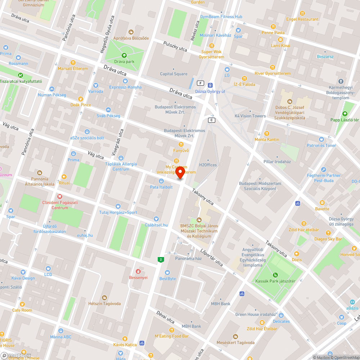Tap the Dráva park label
click(x=124, y=62)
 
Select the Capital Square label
click(x=174, y=74)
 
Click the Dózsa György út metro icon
click(x=210, y=85)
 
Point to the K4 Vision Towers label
click(x=250, y=116)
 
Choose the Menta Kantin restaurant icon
click(x=267, y=133)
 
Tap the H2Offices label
click(x=208, y=165)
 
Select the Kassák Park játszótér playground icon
click(x=275, y=275)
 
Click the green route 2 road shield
click(x=160, y=259)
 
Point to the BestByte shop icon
click(x=167, y=273)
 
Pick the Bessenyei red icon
click(x=138, y=271)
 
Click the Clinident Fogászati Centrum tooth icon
click(x=60, y=197)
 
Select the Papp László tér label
click(x=345, y=120)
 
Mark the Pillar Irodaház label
click(x=277, y=162)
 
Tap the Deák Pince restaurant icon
click(x=81, y=99)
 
